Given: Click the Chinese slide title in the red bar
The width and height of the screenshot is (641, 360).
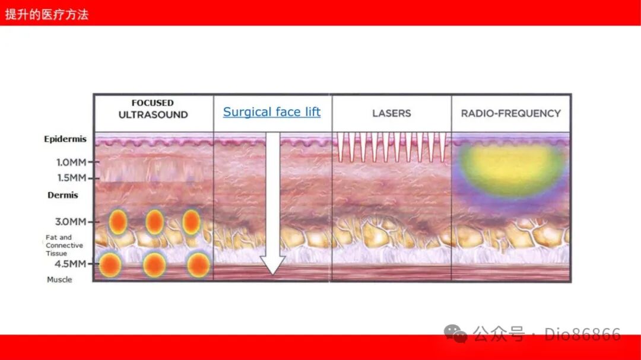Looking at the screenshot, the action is coord(47,15).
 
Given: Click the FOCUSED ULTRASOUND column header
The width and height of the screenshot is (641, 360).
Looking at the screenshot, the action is coord(153,109).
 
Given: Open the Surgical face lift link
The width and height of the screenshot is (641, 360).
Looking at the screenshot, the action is coord(272,112).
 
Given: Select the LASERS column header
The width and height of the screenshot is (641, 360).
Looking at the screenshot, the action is coord(391,113).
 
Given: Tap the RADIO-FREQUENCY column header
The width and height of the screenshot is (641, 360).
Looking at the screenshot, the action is coord(510,113).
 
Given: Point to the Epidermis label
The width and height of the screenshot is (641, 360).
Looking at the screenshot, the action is coord(65,139).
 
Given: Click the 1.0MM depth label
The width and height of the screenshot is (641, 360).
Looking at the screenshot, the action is coord(72,163).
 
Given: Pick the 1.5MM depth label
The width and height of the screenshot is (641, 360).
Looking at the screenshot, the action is coord(72,178).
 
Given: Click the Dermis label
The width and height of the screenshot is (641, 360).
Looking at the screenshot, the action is coord(62,195).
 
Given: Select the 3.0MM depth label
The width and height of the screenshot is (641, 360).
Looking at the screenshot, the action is coord(71,222).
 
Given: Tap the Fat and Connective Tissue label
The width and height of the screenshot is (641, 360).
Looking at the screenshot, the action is coord(64,245).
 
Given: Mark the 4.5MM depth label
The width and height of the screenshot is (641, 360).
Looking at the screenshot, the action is coord(70,264).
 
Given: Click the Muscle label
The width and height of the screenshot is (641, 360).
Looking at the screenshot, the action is coord(59,280).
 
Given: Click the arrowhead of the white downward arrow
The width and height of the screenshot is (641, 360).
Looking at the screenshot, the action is coord(272,266).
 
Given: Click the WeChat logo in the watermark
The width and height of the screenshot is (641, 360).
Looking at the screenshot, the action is coord(455,333).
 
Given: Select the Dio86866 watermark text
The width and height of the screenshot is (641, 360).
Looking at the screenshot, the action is coord(582,334).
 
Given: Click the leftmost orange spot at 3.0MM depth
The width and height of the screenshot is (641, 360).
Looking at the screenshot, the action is coord(118,222).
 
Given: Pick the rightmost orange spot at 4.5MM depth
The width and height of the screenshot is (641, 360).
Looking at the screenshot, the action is coord(198,265).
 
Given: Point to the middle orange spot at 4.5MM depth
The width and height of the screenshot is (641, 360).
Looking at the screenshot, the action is coord(154,265).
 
